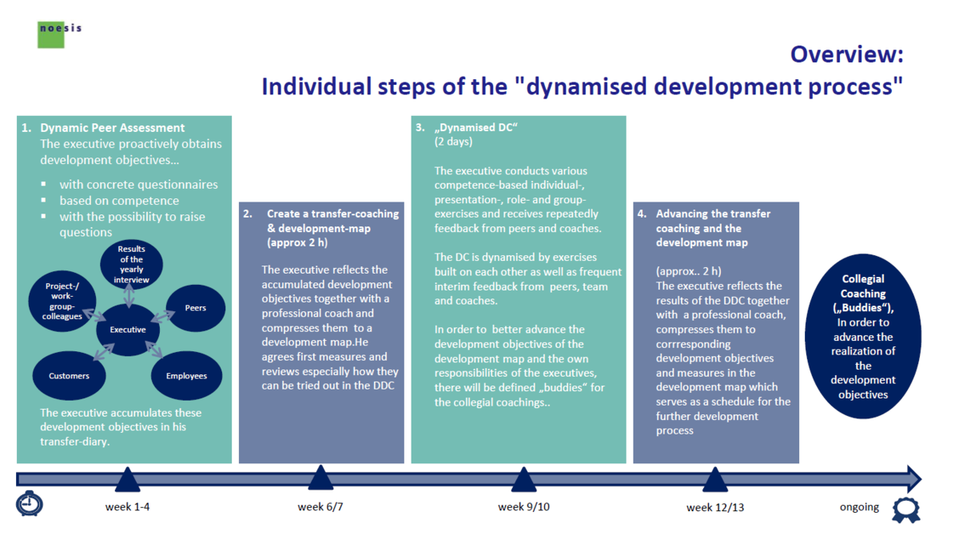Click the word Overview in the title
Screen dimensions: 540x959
click(x=846, y=54)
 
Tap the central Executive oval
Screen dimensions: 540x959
click(x=128, y=329)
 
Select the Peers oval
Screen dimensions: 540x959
click(x=195, y=307)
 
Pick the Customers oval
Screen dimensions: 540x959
click(x=69, y=375)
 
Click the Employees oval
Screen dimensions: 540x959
click(x=186, y=375)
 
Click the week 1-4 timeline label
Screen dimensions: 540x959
click(x=128, y=507)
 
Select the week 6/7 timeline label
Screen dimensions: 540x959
click(x=320, y=507)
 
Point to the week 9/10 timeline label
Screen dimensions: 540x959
click(x=523, y=507)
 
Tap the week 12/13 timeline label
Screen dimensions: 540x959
click(x=715, y=507)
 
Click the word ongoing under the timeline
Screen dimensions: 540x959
click(x=859, y=507)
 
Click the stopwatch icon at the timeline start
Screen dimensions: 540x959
click(x=30, y=503)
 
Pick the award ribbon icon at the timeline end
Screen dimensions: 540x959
click(x=905, y=508)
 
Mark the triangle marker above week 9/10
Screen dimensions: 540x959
click(x=523, y=479)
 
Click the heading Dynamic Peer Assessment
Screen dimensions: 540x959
click(x=112, y=128)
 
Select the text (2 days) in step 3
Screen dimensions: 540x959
click(x=453, y=142)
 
